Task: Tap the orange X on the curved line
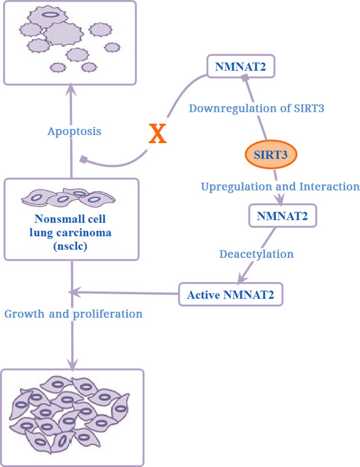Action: (x=157, y=134)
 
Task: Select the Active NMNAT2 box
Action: (x=231, y=294)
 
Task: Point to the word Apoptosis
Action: (x=74, y=131)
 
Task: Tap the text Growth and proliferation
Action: (x=73, y=314)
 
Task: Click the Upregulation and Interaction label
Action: (x=280, y=186)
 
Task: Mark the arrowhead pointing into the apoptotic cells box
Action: (x=71, y=91)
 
